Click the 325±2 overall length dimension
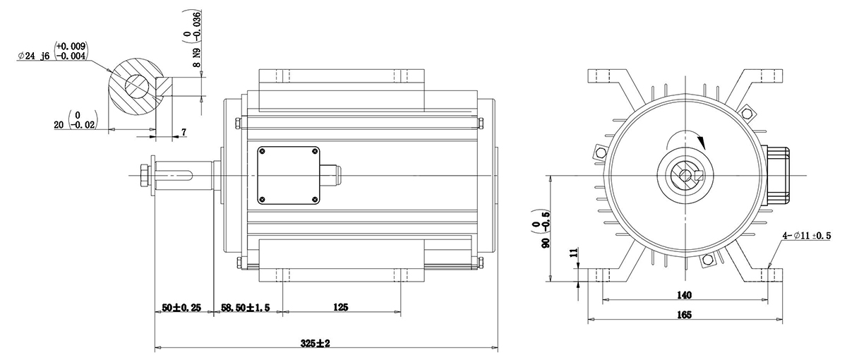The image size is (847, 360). pos(315,343)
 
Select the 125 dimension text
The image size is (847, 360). pos(340,307)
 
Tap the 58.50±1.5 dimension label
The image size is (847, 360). pos(246,308)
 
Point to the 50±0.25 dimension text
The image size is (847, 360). pos(181,308)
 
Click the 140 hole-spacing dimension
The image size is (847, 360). pos(684,295)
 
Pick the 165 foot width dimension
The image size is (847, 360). pos(684,315)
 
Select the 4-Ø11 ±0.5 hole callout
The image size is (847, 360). pos(807,236)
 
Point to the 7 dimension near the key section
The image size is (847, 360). pos(184,132)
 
